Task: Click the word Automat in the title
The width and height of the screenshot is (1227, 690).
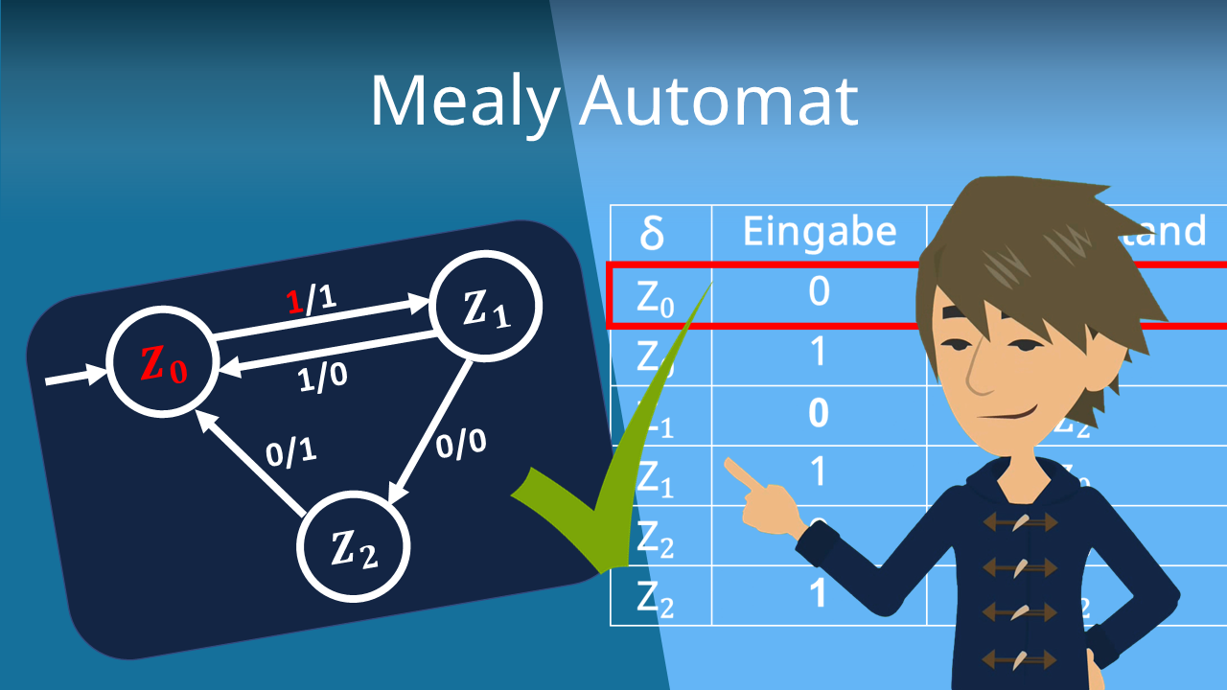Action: (x=718, y=100)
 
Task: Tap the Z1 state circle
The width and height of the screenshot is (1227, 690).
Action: (x=488, y=308)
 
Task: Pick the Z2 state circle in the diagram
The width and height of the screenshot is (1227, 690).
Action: (x=353, y=547)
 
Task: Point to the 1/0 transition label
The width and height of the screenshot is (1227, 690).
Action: (x=320, y=378)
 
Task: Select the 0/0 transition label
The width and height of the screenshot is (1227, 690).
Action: (x=461, y=443)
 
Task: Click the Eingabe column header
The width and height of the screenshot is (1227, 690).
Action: (x=820, y=232)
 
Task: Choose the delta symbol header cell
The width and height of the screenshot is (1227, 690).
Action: (x=652, y=233)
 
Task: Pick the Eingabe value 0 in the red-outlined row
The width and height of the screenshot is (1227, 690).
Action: (x=819, y=290)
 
